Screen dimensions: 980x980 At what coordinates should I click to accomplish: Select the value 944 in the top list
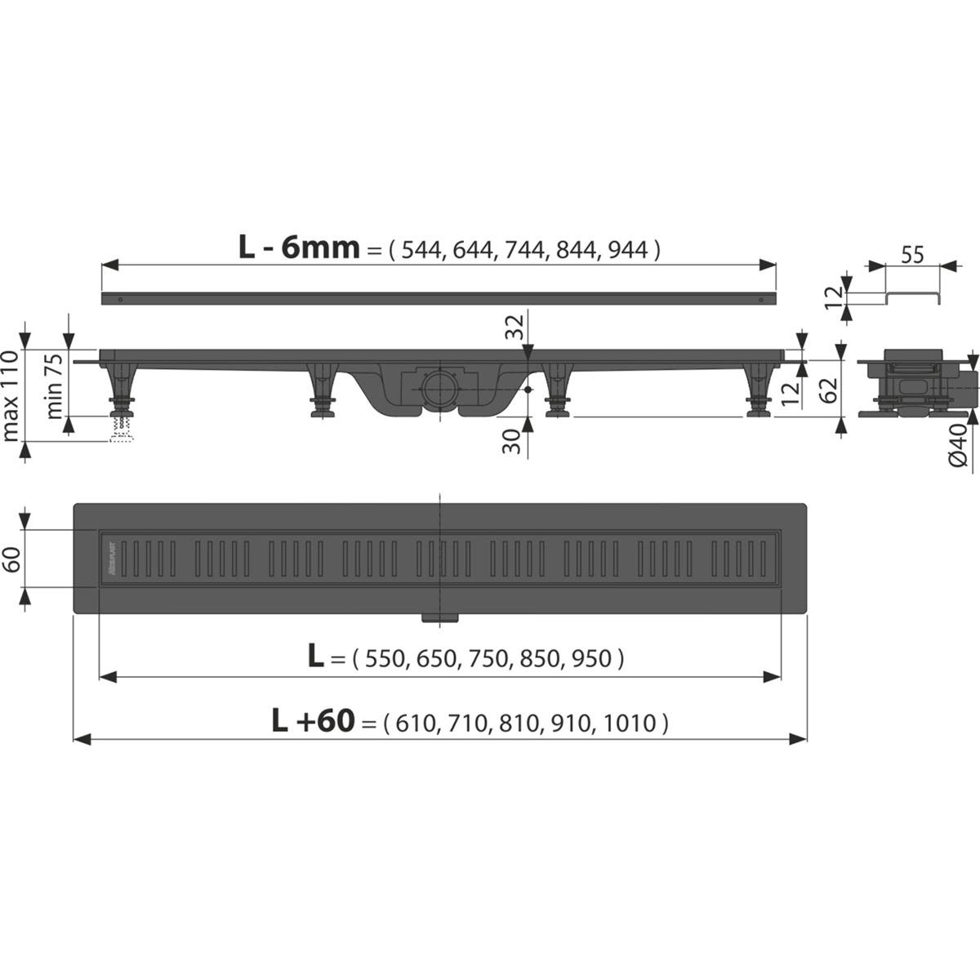tap(629, 249)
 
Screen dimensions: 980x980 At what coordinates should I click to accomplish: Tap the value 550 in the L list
tap(385, 658)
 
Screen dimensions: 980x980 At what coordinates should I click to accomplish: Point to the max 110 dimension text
tap(11, 384)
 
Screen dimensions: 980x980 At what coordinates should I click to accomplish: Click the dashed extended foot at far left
tap(121, 430)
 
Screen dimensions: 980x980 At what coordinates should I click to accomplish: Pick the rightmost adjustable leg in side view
tap(758, 392)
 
